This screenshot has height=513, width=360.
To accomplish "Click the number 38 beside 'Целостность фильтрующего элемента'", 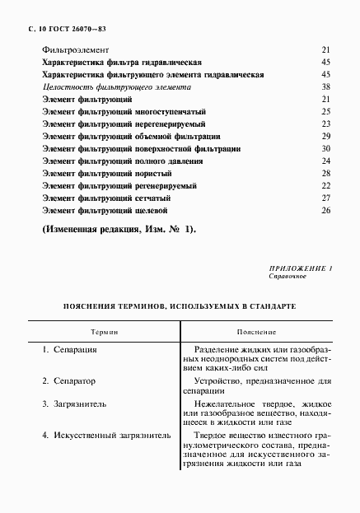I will (x=325, y=86).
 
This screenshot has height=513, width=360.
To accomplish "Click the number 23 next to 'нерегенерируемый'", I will (x=325, y=124).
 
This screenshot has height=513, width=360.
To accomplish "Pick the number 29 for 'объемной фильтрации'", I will (x=325, y=136).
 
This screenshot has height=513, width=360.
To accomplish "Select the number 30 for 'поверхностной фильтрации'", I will (x=325, y=148).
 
